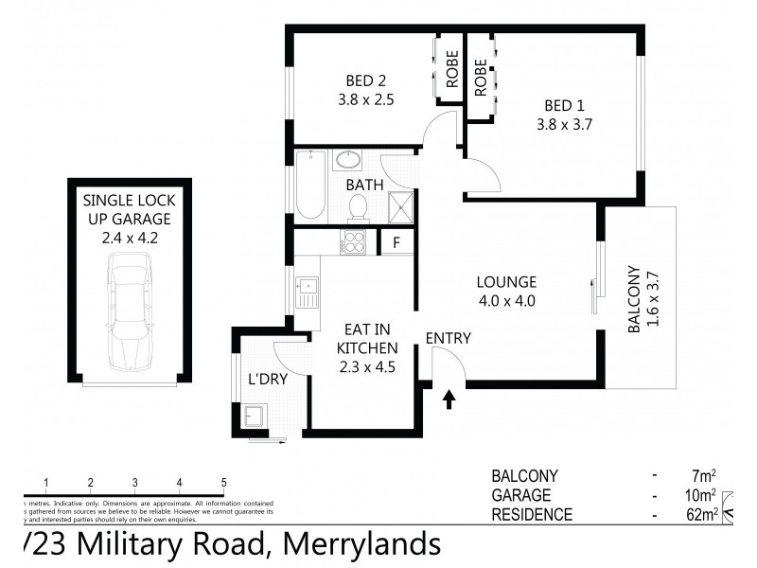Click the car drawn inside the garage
coord(129,317)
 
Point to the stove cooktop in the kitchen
coord(354,242)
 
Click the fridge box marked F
coord(396,242)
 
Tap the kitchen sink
coord(307,292)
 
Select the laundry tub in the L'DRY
coord(254,415)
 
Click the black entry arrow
coord(449,399)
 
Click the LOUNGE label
coord(506,282)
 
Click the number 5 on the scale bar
coord(223,482)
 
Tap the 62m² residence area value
coord(702,516)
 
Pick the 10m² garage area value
coord(702,496)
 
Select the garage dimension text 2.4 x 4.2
coord(129,238)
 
